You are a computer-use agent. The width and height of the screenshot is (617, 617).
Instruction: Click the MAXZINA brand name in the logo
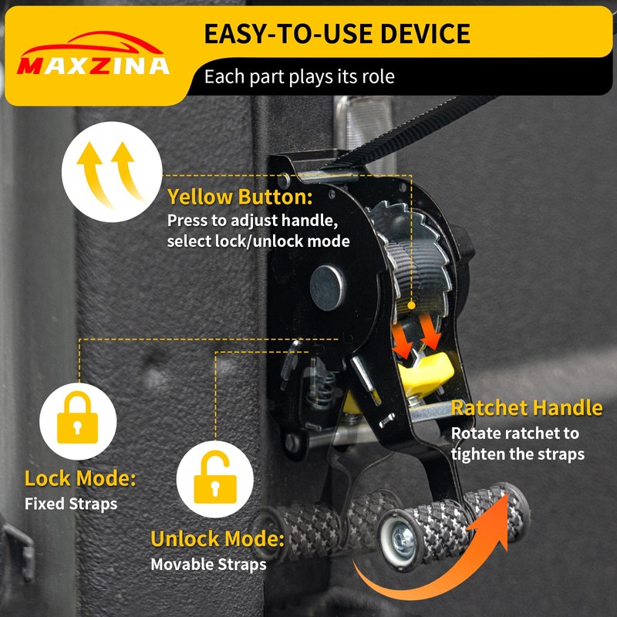[x=93, y=66]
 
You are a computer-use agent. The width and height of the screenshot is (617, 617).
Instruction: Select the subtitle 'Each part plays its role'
[x=299, y=77]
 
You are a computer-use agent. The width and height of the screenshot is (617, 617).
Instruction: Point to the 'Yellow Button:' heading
[x=240, y=197]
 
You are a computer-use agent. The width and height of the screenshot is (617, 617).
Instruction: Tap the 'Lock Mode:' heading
[x=80, y=478]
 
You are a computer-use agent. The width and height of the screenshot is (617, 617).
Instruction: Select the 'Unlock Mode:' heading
[x=217, y=538]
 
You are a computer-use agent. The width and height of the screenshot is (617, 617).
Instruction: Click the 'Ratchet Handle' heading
[x=527, y=408]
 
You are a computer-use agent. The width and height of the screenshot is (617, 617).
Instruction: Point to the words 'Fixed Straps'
[x=71, y=504]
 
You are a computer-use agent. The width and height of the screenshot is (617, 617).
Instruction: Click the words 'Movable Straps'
[x=208, y=565]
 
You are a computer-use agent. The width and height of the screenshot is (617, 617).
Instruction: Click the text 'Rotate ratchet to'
[x=515, y=433]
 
